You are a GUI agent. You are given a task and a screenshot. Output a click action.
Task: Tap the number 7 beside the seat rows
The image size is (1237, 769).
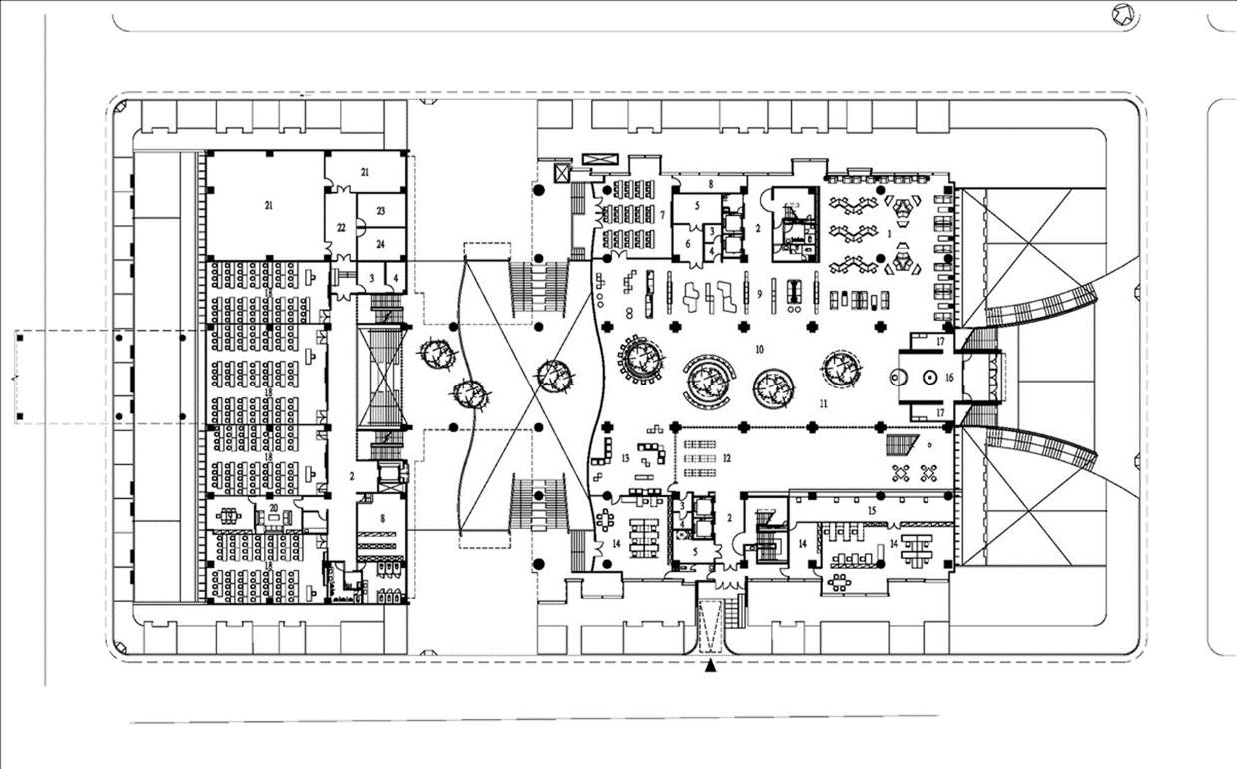point(661,214)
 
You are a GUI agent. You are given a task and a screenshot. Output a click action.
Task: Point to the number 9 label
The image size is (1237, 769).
point(759,293)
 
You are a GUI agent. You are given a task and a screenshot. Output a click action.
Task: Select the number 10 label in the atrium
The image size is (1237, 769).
point(759,349)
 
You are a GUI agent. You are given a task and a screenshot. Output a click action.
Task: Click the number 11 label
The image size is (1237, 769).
point(824,403)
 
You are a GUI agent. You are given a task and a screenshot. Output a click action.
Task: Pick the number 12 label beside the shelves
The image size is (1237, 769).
point(727,457)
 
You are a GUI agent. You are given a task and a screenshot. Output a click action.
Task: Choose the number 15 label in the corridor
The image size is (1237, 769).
point(872,510)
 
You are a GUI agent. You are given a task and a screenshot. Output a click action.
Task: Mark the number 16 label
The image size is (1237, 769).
point(949,378)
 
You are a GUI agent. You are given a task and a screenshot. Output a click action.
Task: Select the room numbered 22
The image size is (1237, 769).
point(340,227)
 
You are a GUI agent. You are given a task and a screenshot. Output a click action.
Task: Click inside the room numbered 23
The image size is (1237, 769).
point(381,210)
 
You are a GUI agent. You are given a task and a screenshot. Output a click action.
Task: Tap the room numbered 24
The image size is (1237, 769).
point(381,243)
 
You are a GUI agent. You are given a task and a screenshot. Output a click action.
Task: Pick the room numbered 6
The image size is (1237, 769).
point(687,242)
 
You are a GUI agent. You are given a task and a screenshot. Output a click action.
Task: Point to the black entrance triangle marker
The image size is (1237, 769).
point(710,666)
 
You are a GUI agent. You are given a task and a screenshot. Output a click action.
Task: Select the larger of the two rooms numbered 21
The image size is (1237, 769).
point(268,205)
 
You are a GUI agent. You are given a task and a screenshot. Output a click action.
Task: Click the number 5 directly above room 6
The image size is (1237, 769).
point(684,205)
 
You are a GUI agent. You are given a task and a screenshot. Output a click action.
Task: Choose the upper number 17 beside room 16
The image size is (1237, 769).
point(939,342)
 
